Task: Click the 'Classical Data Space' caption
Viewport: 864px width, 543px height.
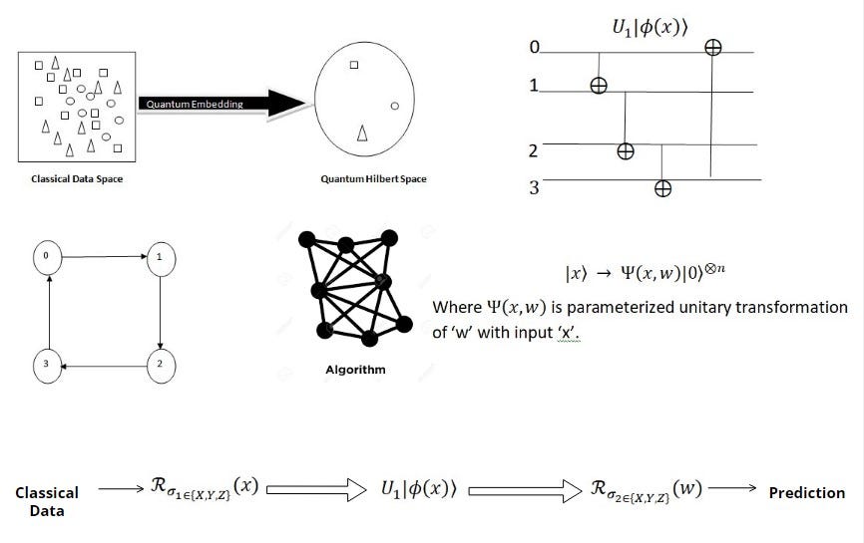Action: (x=76, y=179)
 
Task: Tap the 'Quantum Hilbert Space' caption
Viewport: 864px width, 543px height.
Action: (x=373, y=179)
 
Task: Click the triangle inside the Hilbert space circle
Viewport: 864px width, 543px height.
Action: (x=362, y=133)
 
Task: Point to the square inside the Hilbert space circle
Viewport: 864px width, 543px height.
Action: (x=353, y=67)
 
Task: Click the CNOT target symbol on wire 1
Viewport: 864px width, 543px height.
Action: (x=598, y=87)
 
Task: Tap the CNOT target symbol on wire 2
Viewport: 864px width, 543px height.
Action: (x=626, y=151)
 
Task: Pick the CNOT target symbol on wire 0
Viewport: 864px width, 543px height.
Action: (x=712, y=47)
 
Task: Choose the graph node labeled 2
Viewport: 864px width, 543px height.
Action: (x=159, y=365)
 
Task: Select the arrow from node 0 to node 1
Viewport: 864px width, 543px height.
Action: (x=103, y=257)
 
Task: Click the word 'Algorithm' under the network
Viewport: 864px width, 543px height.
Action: (x=355, y=371)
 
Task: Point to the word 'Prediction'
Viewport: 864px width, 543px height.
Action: (x=806, y=493)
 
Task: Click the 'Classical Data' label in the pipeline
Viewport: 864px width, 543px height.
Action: (x=47, y=501)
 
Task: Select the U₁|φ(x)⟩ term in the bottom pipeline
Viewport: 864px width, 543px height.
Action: (x=419, y=489)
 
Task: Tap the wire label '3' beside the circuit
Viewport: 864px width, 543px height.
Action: (x=534, y=185)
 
